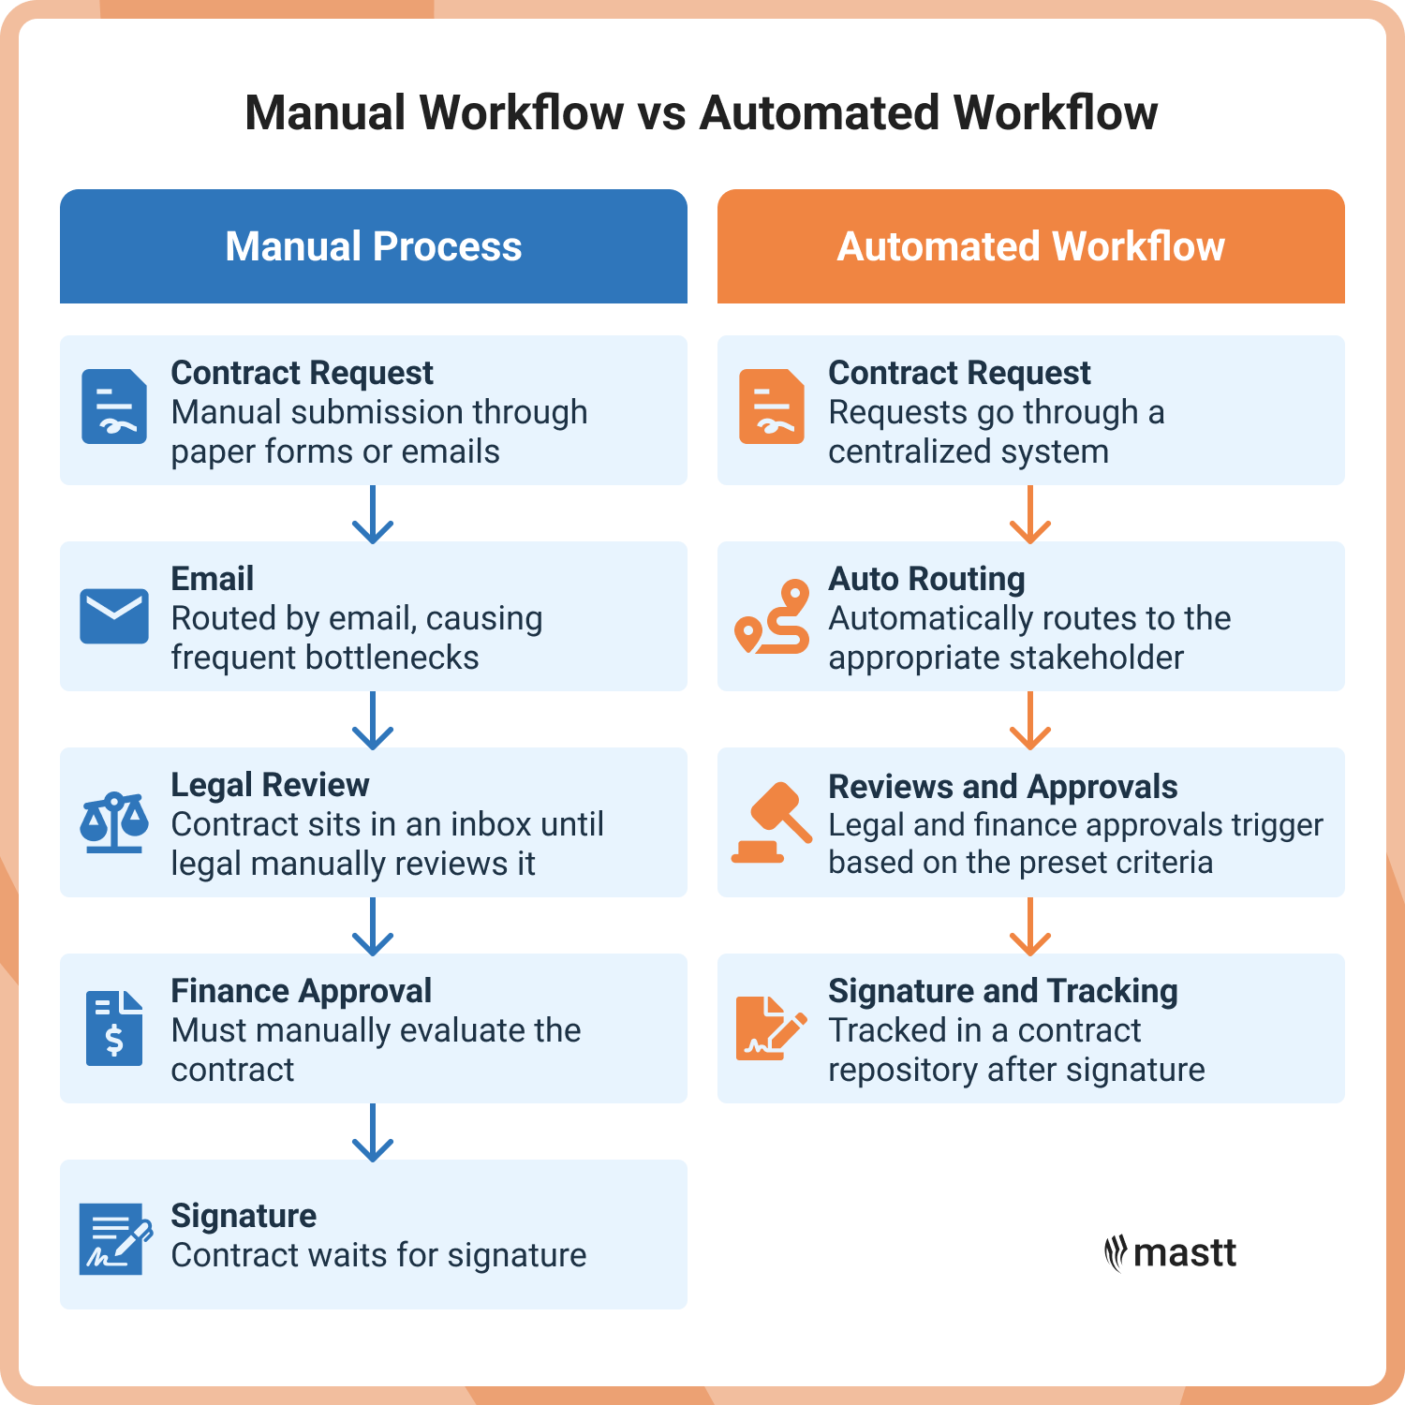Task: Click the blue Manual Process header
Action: point(373,246)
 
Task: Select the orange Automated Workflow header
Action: point(1030,246)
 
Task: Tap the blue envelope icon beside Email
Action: point(114,616)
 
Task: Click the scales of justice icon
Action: point(114,822)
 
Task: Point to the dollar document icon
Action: point(114,1028)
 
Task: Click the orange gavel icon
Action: point(771,822)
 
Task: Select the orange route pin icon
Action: point(772,616)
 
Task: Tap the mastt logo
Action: point(1171,1252)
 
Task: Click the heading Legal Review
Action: point(270,785)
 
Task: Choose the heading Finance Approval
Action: point(301,991)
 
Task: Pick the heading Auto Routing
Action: point(926,579)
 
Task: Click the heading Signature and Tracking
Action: point(1003,991)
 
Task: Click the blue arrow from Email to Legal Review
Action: point(373,720)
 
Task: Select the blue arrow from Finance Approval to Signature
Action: point(373,1132)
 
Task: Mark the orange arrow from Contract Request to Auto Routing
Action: point(1030,514)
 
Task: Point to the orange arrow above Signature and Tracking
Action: point(1030,926)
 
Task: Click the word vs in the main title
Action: point(661,113)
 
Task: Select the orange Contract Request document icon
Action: point(771,407)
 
